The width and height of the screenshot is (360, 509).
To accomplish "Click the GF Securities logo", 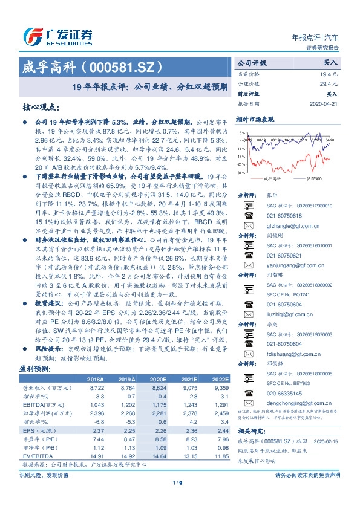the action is click(57, 34).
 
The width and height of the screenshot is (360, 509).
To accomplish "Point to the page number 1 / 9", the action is click(180, 482).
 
